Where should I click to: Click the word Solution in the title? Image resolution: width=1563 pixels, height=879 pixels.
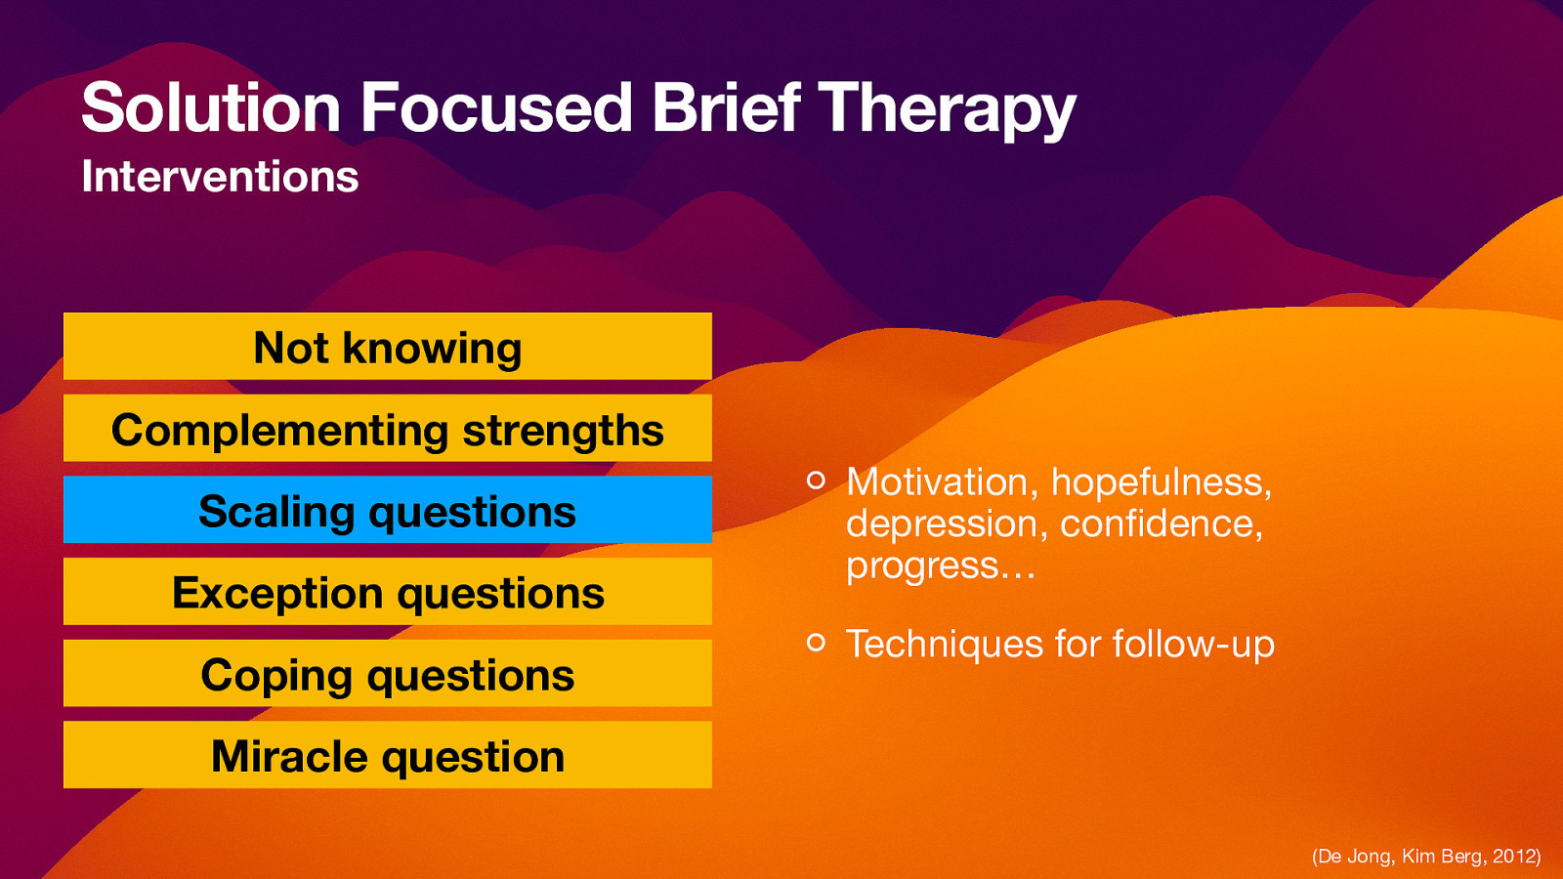[210, 107]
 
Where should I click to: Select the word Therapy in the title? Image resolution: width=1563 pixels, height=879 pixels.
[946, 109]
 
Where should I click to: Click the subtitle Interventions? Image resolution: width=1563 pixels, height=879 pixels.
[220, 177]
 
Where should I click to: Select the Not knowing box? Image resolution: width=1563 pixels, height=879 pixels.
[388, 347]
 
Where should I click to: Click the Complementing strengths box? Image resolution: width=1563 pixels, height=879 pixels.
[388, 429]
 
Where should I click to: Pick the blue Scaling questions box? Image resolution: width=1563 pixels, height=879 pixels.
[388, 510]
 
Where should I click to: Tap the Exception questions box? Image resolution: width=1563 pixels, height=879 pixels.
[388, 592]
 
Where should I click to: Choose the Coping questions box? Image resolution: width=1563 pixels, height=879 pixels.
[388, 674]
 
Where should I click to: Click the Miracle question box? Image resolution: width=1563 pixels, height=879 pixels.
[388, 755]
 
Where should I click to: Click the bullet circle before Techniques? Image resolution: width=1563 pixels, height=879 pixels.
[817, 642]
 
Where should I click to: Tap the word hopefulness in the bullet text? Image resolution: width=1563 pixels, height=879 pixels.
[1160, 482]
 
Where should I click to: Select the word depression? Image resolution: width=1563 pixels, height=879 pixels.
[941, 524]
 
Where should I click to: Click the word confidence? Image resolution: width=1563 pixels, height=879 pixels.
[1160, 524]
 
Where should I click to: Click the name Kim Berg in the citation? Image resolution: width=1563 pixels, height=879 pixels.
[1442, 857]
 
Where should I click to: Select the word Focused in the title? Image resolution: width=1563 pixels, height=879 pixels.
[496, 107]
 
